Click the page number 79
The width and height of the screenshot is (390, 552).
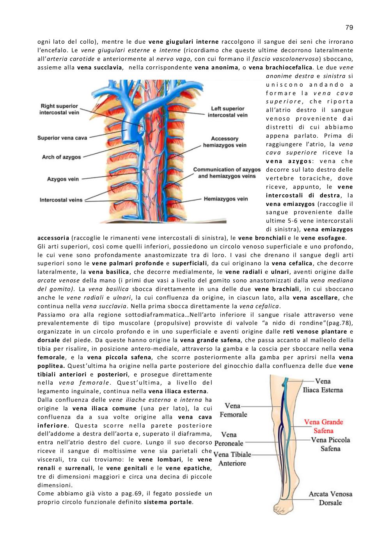(x=349, y=27)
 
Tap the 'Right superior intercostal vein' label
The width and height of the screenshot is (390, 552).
(x=59, y=109)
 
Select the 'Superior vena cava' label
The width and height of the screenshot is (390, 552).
(x=62, y=138)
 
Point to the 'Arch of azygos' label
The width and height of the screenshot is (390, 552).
(x=61, y=157)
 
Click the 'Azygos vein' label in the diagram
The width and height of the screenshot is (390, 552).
(x=63, y=179)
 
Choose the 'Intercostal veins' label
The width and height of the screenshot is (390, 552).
(x=61, y=200)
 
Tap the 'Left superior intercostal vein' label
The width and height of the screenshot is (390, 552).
(x=228, y=112)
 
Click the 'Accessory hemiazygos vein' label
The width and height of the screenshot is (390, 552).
(x=225, y=142)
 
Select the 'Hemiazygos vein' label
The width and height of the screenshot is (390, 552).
(x=226, y=199)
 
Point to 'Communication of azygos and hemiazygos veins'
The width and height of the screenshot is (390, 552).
(x=227, y=173)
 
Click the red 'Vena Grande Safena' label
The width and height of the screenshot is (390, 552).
(x=323, y=426)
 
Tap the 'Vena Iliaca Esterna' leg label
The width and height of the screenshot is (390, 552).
(x=323, y=385)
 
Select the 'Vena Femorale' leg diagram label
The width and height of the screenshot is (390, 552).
(x=233, y=410)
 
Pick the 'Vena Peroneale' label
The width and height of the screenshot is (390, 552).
(x=229, y=438)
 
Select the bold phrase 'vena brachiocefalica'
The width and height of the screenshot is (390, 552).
(x=280, y=67)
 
